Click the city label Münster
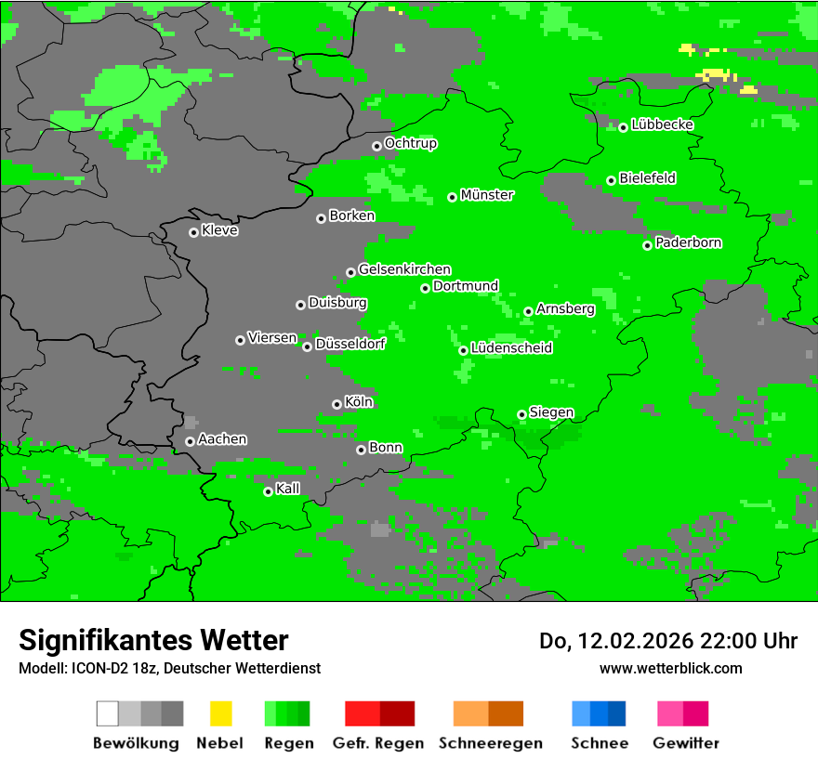click(x=487, y=195)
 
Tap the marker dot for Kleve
click(x=193, y=232)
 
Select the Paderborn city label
click(x=689, y=243)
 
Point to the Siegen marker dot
click(x=521, y=414)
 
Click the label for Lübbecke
click(x=662, y=124)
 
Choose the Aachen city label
click(x=222, y=439)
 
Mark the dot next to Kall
click(x=268, y=491)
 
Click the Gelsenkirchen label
click(x=404, y=269)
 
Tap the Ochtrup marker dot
click(x=376, y=146)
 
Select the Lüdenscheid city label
click(x=511, y=348)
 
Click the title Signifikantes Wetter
click(x=153, y=640)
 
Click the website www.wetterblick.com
click(x=670, y=668)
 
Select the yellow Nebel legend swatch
click(x=220, y=713)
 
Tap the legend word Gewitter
click(x=686, y=743)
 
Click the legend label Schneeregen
click(x=491, y=743)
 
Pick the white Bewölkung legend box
click(x=107, y=713)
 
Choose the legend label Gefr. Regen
click(x=378, y=743)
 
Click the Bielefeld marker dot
click(x=611, y=180)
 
